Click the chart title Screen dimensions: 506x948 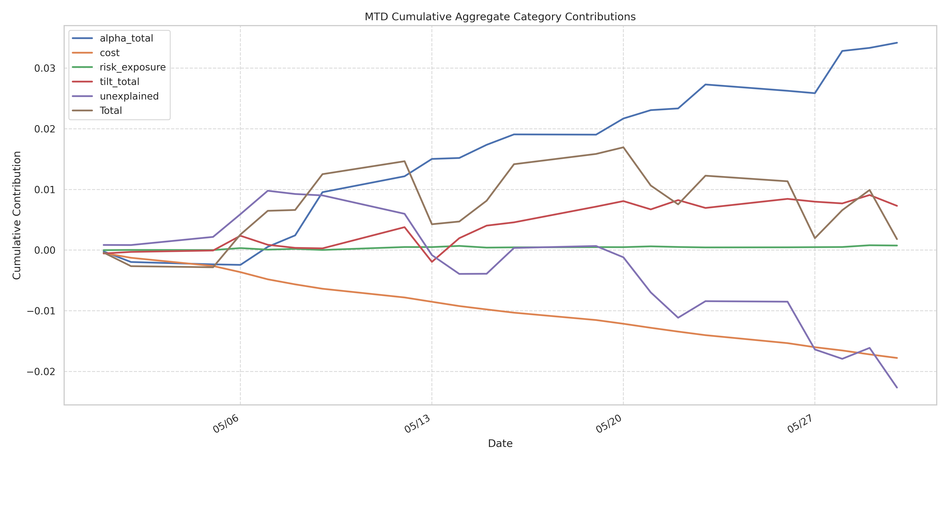pyautogui.click(x=500, y=17)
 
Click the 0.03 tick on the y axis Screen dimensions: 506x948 pyautogui.click(x=44, y=69)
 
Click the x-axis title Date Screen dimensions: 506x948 pyautogui.click(x=500, y=443)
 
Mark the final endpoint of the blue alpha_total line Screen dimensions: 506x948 pyautogui.click(x=897, y=43)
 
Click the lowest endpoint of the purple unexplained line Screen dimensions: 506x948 pyautogui.click(x=897, y=388)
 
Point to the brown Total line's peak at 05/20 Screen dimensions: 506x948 pyautogui.click(x=623, y=147)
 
